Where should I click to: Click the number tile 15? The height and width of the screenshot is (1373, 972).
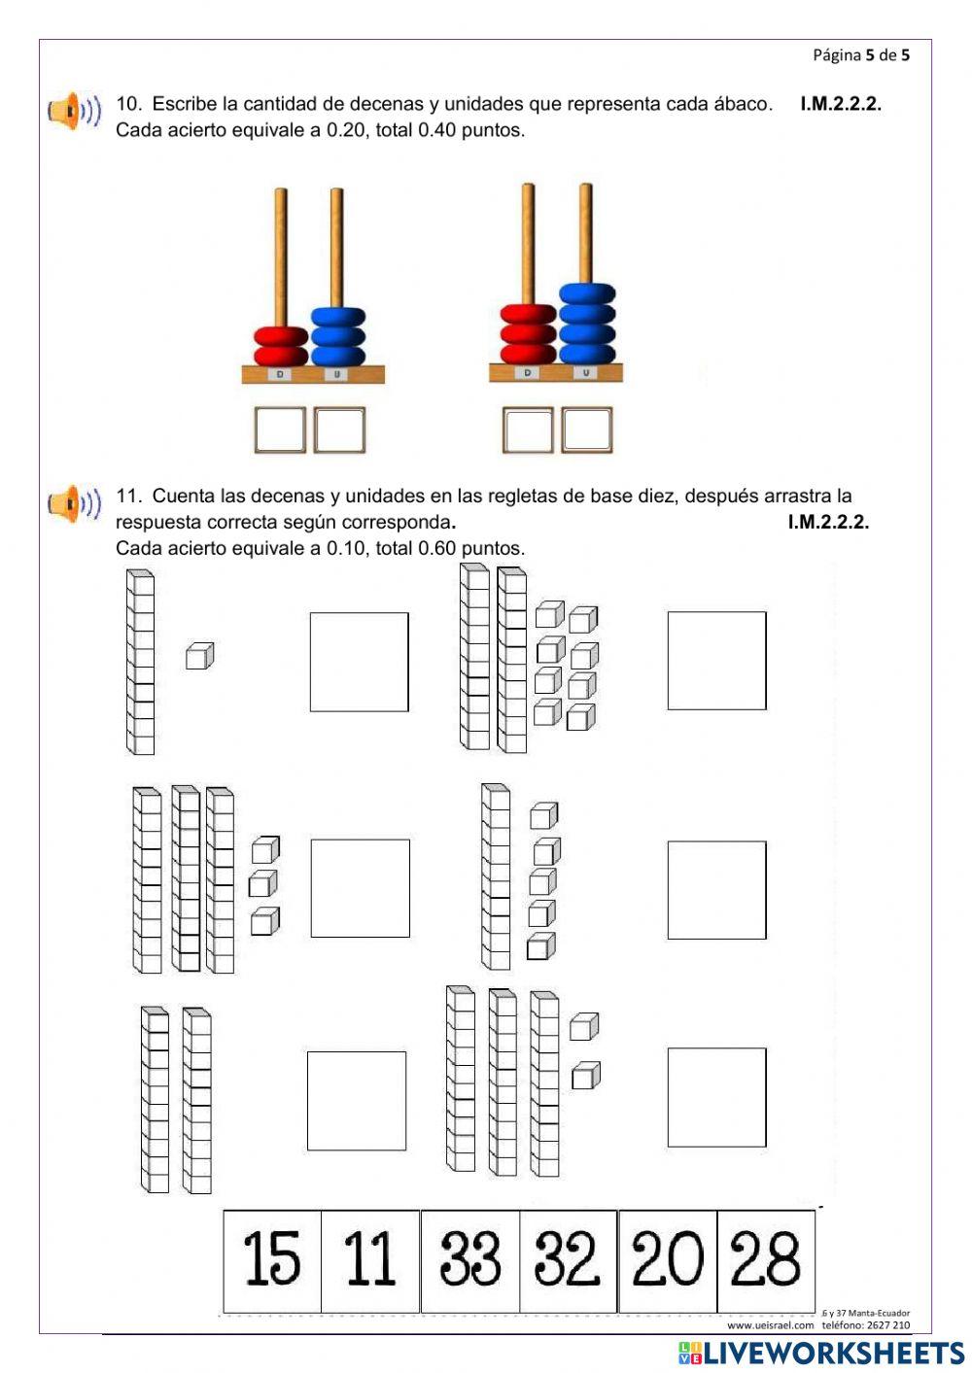[x=272, y=1260]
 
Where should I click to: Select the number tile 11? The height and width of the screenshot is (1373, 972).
[x=370, y=1260]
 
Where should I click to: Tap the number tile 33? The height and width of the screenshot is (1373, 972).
[x=470, y=1260]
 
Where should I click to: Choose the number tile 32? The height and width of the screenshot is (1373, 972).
[x=569, y=1260]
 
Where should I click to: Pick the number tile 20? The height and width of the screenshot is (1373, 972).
[x=668, y=1260]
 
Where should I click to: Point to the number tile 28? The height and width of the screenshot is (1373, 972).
[x=766, y=1260]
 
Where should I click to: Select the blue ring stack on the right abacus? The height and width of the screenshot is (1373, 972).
[x=587, y=323]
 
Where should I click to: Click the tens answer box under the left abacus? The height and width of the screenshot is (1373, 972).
[x=280, y=430]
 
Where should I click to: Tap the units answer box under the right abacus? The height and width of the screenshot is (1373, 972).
[x=587, y=430]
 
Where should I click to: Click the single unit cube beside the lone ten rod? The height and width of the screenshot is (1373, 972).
[x=199, y=657]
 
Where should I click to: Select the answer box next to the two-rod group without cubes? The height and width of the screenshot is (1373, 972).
[x=357, y=1101]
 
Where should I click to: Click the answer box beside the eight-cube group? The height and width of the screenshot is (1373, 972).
[x=716, y=661]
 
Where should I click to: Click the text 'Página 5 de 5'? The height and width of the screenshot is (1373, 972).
[x=861, y=55]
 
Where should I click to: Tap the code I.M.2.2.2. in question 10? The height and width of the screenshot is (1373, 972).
[x=841, y=104]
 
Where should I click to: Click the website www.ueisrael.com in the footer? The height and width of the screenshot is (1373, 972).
[x=770, y=1324]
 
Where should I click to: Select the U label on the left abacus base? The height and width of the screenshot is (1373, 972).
[x=336, y=374]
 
